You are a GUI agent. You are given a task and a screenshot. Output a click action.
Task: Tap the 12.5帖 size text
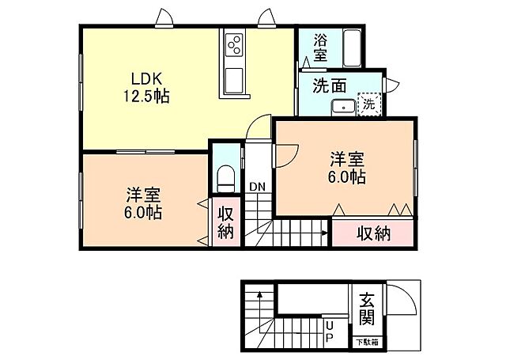(145, 97)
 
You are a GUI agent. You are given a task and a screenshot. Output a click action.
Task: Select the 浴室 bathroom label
(320, 47)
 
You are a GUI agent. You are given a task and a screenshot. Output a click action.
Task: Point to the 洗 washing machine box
(368, 104)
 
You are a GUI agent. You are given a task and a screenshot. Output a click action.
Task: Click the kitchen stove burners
(234, 45)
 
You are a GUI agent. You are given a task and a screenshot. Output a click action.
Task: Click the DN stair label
(257, 187)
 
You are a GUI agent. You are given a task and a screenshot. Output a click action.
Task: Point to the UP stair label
(330, 332)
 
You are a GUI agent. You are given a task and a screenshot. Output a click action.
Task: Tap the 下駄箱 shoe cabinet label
(366, 342)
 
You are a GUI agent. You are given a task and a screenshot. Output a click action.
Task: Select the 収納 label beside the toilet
(225, 222)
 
